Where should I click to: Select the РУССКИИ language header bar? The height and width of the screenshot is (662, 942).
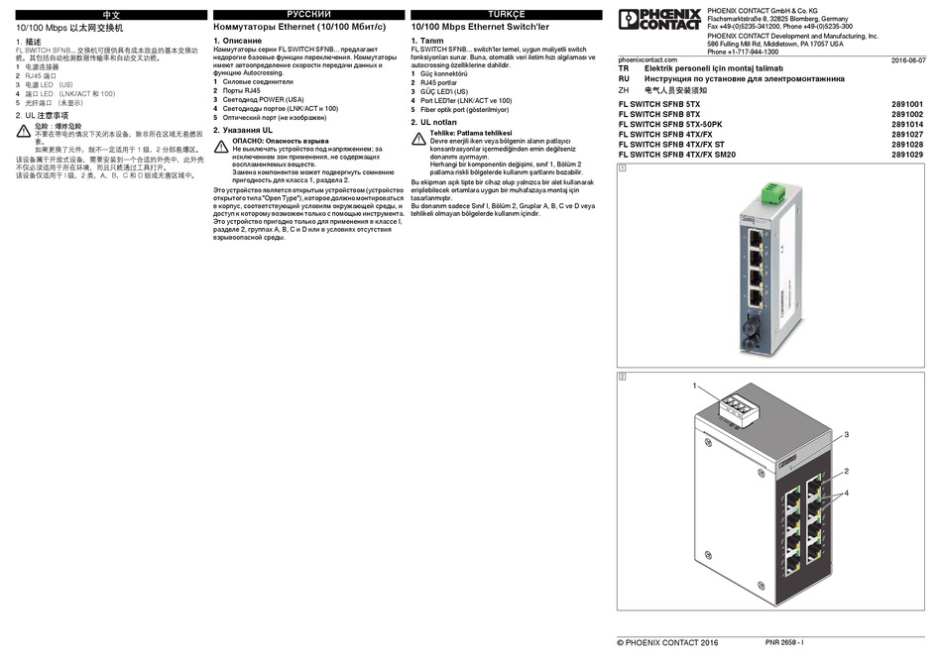[308, 15]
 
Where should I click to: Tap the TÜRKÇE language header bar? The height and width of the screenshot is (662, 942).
[506, 15]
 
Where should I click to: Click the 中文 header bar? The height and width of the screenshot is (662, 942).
[110, 15]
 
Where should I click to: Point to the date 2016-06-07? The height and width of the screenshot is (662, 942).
[907, 60]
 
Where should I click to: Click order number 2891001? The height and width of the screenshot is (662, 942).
[907, 104]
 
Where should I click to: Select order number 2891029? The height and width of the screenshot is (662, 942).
[907, 155]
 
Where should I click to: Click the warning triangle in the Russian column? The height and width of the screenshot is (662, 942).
[222, 145]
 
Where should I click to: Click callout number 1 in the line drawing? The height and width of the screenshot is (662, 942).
[696, 385]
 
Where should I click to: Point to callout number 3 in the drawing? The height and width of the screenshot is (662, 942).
[846, 434]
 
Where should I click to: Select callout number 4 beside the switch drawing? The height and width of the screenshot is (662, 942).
[846, 493]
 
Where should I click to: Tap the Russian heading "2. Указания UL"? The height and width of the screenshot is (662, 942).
[243, 129]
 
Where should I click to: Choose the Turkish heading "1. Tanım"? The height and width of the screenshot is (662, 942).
[428, 40]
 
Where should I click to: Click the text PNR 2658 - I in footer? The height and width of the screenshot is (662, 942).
[783, 643]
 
